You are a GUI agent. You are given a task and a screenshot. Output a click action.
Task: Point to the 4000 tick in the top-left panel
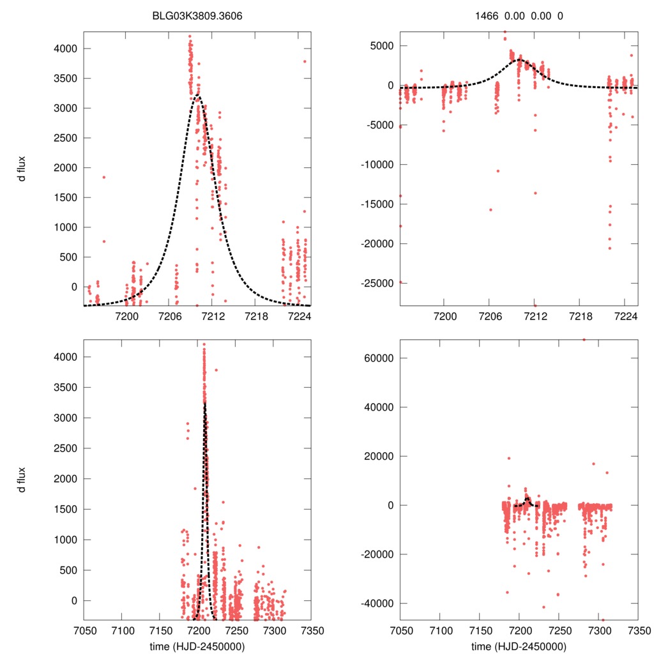pyautogui.click(x=65, y=49)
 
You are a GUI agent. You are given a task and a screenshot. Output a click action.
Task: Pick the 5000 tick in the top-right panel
pyautogui.click(x=382, y=46)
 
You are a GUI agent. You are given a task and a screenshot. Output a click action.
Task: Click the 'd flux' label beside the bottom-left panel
pyautogui.click(x=22, y=480)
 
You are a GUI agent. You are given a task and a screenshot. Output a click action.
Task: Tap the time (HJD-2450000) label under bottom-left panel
pyautogui.click(x=197, y=646)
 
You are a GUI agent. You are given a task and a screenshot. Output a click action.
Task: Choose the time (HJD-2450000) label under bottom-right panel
pyautogui.click(x=519, y=646)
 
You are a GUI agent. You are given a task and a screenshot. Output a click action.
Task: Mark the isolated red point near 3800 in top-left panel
pyautogui.click(x=305, y=61)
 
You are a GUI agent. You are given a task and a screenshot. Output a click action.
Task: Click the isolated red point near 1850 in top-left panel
pyautogui.click(x=103, y=177)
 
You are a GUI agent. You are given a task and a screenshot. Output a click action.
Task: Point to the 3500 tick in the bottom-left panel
pyautogui.click(x=65, y=388)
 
